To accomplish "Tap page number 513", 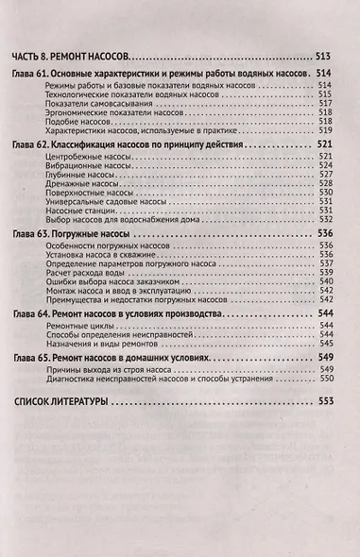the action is click(x=324, y=58).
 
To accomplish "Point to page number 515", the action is click(x=327, y=95).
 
